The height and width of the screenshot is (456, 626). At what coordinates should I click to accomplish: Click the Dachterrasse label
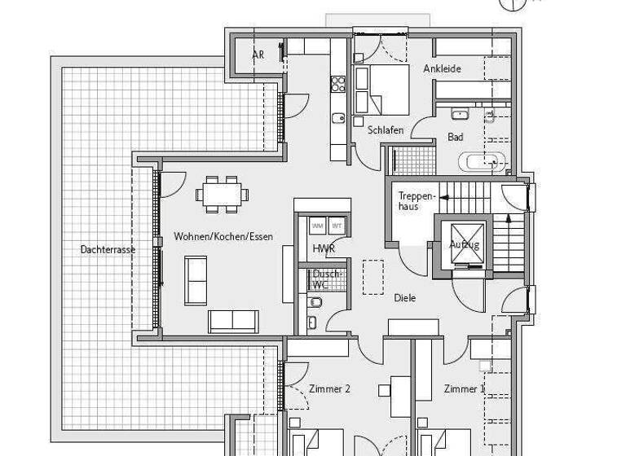(x=108, y=249)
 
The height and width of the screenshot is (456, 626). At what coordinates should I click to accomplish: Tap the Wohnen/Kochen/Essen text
(x=223, y=237)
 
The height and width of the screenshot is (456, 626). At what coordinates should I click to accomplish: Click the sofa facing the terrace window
(x=196, y=280)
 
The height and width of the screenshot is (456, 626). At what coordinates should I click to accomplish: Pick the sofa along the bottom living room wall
(x=233, y=321)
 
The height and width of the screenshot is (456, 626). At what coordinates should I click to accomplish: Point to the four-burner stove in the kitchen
(x=338, y=83)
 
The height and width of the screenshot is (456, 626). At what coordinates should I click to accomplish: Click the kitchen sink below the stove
(x=338, y=118)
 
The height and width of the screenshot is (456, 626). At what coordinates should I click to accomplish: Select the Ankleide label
(x=442, y=68)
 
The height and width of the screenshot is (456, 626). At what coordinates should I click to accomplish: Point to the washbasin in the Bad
(x=458, y=114)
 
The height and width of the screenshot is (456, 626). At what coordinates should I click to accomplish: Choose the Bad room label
(x=455, y=138)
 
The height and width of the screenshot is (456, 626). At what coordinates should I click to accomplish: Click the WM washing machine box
(x=317, y=226)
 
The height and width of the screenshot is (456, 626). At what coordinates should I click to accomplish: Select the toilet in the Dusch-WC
(x=316, y=303)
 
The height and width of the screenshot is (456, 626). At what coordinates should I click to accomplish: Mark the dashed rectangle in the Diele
(x=373, y=276)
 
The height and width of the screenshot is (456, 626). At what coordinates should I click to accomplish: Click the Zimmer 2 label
(x=329, y=389)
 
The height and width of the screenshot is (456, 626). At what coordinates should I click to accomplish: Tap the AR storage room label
(x=258, y=55)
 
